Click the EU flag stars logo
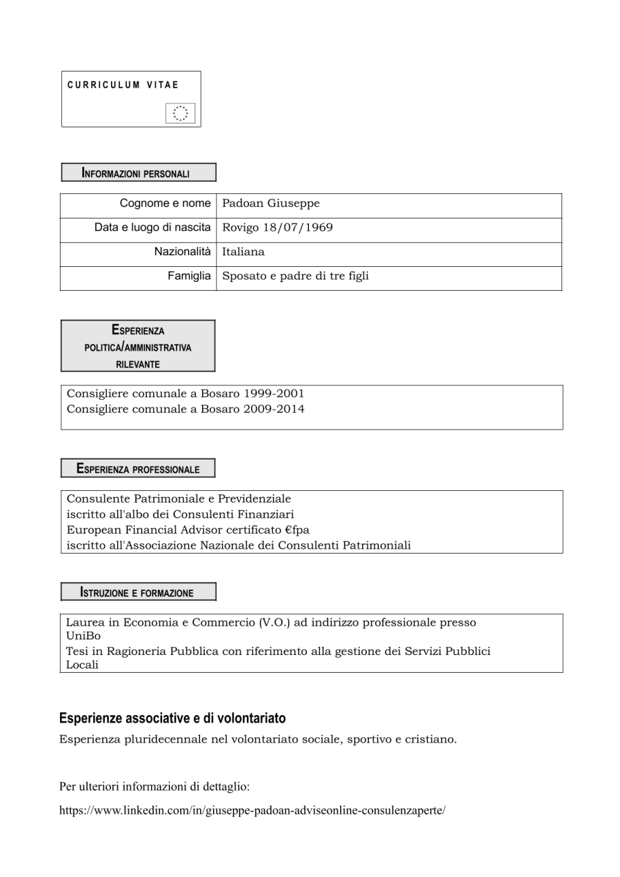180,114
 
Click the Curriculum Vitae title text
123,85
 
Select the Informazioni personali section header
138,173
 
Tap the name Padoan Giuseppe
271,204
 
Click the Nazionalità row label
182,252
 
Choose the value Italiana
243,252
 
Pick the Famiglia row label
189,276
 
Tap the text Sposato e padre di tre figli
296,276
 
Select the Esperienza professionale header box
138,468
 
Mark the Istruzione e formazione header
138,592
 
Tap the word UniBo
83,636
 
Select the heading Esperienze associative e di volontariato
172,718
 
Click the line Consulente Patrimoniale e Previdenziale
178,499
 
